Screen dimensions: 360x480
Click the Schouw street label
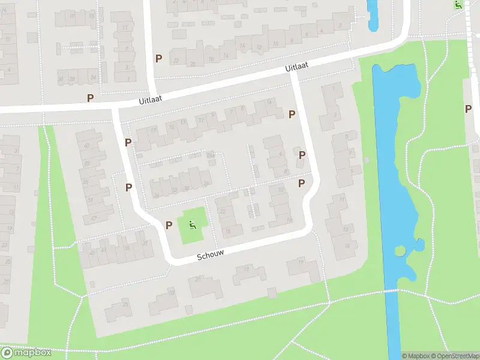point(211,255)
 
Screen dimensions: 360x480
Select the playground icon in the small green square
point(193,226)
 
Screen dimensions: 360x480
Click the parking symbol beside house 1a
point(302,155)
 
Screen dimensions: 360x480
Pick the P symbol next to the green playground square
point(169,226)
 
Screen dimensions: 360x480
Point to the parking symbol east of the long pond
point(468,109)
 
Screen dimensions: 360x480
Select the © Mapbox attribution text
point(415,356)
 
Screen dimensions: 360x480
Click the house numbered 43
point(102,249)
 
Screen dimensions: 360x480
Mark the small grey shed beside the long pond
point(366,160)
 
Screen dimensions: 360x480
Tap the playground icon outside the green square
point(458,5)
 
